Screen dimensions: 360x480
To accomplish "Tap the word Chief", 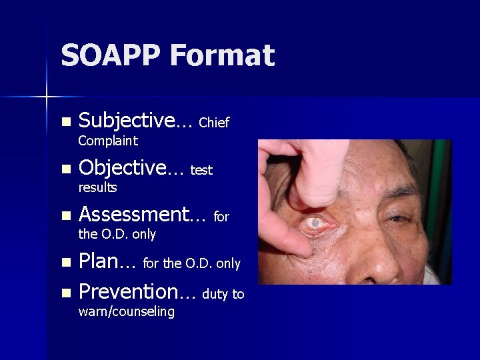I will (214, 123).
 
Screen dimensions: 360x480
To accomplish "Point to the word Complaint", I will (108, 141).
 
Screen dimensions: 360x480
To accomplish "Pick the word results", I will (97, 187).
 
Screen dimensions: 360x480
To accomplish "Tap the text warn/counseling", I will (127, 311).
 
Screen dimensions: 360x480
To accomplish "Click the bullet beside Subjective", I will (65, 123).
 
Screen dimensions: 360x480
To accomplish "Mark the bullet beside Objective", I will (65, 169).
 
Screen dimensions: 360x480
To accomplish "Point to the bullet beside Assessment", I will (65, 216).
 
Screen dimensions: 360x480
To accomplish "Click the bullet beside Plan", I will (65, 263).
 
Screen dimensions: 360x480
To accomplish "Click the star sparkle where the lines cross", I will (46, 97).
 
